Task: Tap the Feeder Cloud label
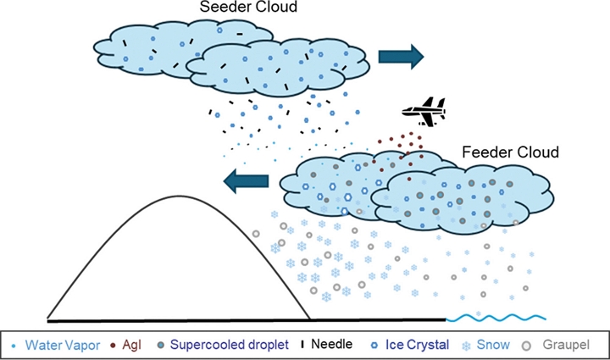511,152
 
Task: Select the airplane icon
423,111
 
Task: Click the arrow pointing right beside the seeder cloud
400,56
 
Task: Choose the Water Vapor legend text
60,345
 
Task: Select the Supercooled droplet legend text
227,345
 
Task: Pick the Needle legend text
330,345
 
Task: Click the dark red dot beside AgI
114,346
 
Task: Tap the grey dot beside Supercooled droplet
160,346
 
